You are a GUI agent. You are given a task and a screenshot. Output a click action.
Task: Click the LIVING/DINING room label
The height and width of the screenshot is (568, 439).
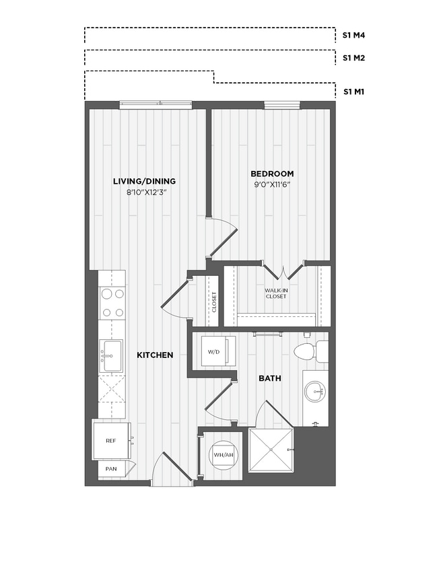coord(144,181)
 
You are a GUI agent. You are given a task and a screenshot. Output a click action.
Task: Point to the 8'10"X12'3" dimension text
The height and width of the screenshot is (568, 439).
coord(146,192)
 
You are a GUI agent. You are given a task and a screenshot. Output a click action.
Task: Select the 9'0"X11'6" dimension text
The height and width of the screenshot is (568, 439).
coord(273,185)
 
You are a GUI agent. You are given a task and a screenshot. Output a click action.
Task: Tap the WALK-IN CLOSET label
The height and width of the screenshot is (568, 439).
coord(275,293)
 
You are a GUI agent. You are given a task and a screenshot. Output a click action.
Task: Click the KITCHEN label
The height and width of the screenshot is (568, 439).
coord(156,355)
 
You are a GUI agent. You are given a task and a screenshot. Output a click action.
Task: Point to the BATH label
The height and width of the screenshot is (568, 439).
coord(270,379)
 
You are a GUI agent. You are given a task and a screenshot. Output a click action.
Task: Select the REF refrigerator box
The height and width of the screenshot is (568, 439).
coord(112,440)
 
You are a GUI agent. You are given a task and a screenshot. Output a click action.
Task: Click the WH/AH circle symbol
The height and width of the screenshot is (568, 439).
coord(224,454)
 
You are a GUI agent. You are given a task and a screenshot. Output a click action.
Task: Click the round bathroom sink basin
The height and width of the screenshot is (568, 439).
coord(314,390)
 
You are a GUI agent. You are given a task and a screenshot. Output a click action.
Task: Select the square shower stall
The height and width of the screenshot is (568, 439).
coord(272,450)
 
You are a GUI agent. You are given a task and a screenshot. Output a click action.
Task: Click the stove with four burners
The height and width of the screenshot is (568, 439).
coord(112,302)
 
